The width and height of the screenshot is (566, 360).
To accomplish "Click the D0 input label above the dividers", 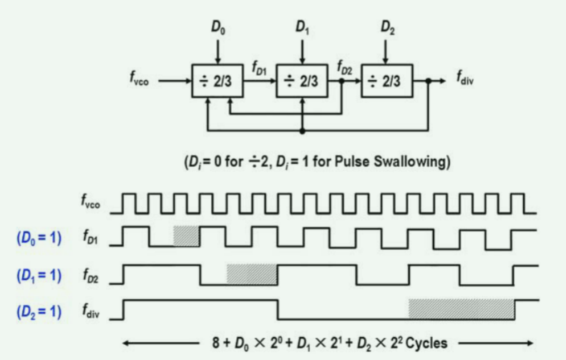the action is (x=218, y=29).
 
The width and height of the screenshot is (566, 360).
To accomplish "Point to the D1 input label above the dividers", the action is (x=302, y=29).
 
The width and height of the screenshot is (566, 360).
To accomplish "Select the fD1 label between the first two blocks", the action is (x=259, y=68).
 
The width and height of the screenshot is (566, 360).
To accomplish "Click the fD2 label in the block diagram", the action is (x=343, y=68).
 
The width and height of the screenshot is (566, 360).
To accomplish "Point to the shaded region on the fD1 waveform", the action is (x=186, y=236).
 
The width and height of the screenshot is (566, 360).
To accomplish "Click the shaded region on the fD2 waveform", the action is (x=252, y=274).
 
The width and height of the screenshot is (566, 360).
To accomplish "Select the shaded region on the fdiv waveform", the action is (x=461, y=308).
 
